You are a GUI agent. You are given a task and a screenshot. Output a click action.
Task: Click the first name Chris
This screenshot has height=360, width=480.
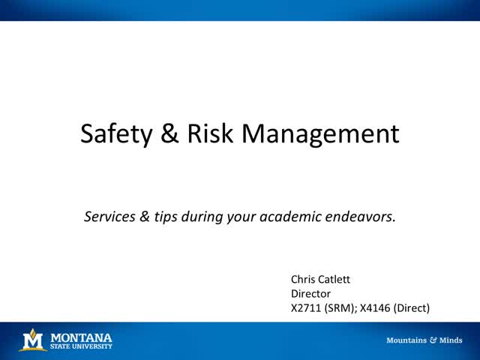click(304, 279)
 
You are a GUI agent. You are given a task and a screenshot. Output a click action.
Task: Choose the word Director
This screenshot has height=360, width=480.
click(311, 293)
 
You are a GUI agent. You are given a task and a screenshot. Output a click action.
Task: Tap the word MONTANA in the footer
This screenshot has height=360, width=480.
click(81, 337)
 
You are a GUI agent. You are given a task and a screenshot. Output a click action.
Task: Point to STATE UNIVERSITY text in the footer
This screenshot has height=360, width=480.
click(81, 346)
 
